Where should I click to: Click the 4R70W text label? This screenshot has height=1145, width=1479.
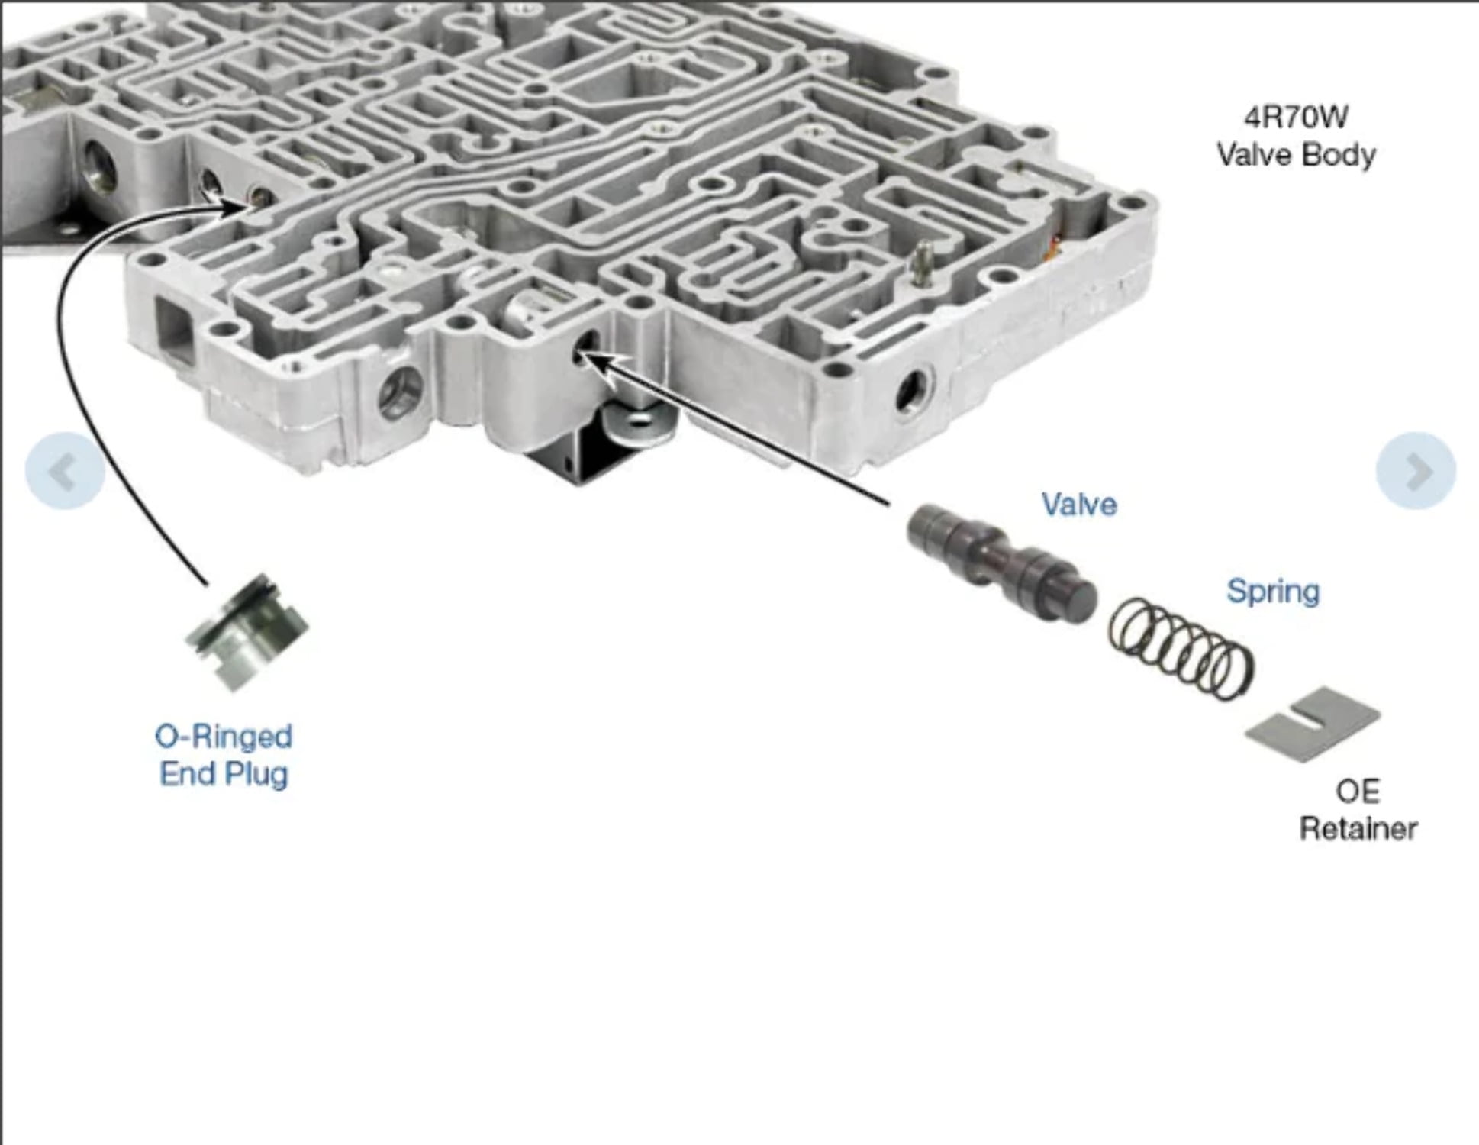coord(1296,118)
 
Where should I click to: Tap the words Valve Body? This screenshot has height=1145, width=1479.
coord(1296,156)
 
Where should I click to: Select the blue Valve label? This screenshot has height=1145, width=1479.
coord(1079,505)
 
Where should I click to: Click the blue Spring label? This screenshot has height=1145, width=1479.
coord(1273,592)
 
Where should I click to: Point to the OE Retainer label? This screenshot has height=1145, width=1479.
coord(1358,811)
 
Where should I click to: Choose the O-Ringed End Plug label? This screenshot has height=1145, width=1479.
coord(224,755)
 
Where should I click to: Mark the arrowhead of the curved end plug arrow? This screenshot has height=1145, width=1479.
coord(243,205)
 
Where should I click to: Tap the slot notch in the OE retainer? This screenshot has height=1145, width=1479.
coord(1311,718)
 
